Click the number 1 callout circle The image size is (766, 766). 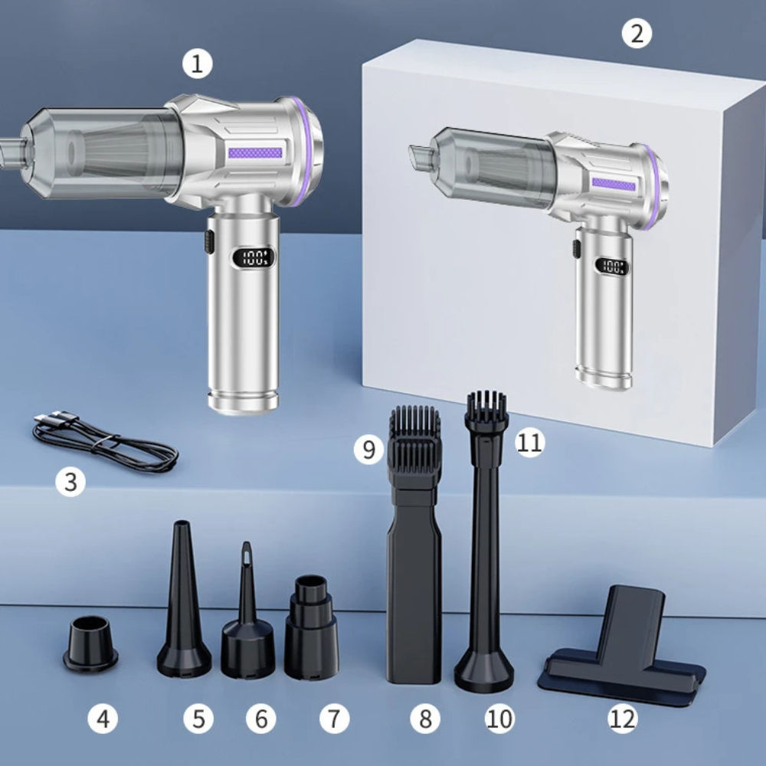point(198,64)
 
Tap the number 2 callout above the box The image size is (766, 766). point(637,33)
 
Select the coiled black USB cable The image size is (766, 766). point(105,442)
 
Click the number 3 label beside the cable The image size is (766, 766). point(71,483)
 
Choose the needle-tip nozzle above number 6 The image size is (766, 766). point(247,628)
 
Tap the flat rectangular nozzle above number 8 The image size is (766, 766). point(414,590)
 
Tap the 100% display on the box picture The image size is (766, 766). point(612,267)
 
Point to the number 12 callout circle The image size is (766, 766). point(622,719)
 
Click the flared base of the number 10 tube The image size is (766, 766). point(483,672)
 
